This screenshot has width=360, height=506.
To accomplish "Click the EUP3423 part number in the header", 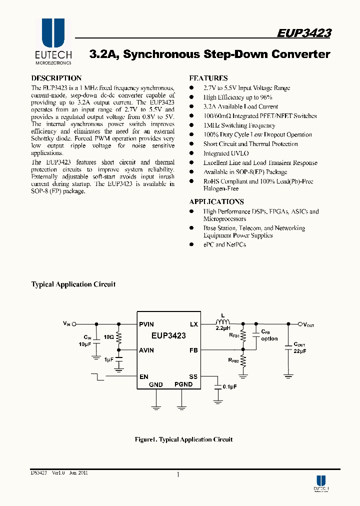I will tap(304, 33).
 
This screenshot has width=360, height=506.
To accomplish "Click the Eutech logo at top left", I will tap(53, 42).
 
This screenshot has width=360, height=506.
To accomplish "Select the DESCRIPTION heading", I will tap(56, 78).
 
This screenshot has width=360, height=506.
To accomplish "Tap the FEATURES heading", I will tap(208, 78).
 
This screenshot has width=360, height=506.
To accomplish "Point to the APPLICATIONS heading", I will tap(216, 201).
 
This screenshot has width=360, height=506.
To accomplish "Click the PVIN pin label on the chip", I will tap(146, 324).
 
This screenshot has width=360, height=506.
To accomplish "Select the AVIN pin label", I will tap(146, 350).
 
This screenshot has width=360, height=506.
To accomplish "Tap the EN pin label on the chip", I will tap(143, 376).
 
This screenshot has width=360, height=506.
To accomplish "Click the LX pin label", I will tap(194, 324).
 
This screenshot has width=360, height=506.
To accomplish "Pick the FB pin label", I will tap(194, 350).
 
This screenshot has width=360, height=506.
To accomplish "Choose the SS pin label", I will tap(193, 376).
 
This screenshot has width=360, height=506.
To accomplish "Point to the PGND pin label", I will tap(183, 384).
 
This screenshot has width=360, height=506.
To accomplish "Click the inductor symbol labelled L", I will tap(221, 321).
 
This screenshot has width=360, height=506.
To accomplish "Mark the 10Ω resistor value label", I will tap(109, 337).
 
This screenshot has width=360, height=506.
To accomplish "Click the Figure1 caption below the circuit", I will tap(183, 439).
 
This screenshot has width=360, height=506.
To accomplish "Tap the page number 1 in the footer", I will tap(178, 475).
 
